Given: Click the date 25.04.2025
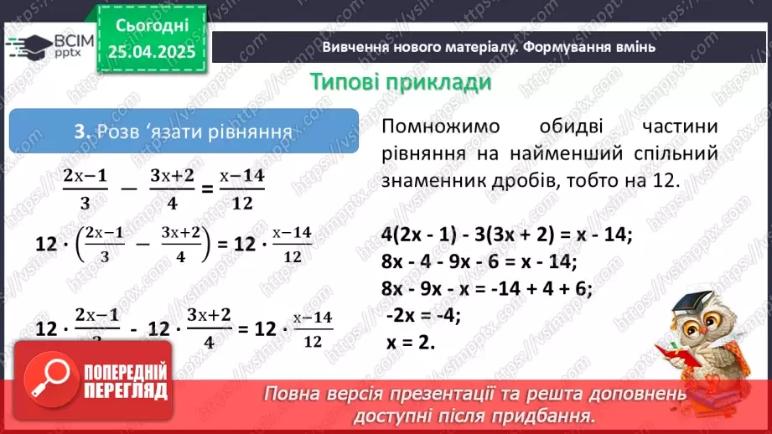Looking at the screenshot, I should [152, 51].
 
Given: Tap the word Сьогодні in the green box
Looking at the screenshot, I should [152, 27].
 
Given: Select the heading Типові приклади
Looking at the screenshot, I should [400, 83].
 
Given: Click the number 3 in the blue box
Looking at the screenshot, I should [80, 132].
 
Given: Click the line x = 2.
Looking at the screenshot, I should [411, 343].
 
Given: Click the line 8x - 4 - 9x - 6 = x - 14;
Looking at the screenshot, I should [479, 262].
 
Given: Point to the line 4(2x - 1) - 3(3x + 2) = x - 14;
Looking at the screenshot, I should [505, 235].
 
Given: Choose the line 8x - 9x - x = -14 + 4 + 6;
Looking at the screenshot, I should [486, 289].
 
